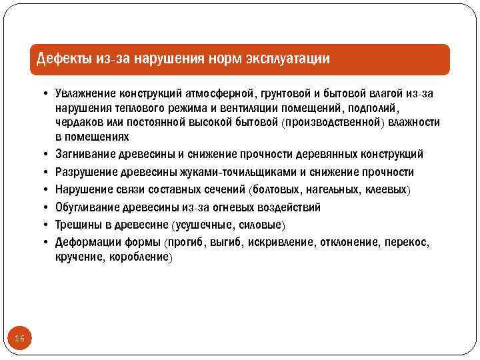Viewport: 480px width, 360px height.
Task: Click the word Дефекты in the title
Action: pos(64,59)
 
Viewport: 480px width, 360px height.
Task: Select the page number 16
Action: pos(19,339)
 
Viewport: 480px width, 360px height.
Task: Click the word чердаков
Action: pos(77,123)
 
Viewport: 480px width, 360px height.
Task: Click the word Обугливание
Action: pos(87,207)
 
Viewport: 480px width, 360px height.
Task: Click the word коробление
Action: pos(143,257)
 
